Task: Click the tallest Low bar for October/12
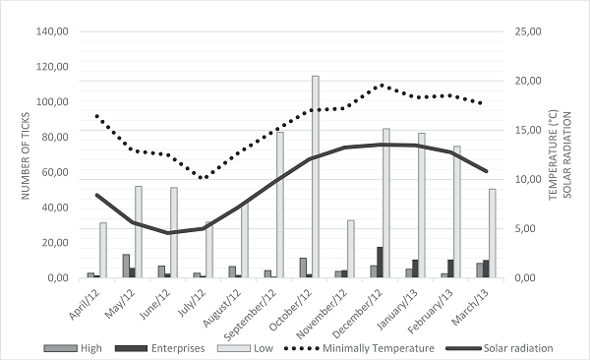coord(316,177)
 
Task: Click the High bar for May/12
coord(126,266)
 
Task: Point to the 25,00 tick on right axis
coord(528,31)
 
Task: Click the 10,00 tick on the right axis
coord(528,179)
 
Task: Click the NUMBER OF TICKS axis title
coord(17,154)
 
